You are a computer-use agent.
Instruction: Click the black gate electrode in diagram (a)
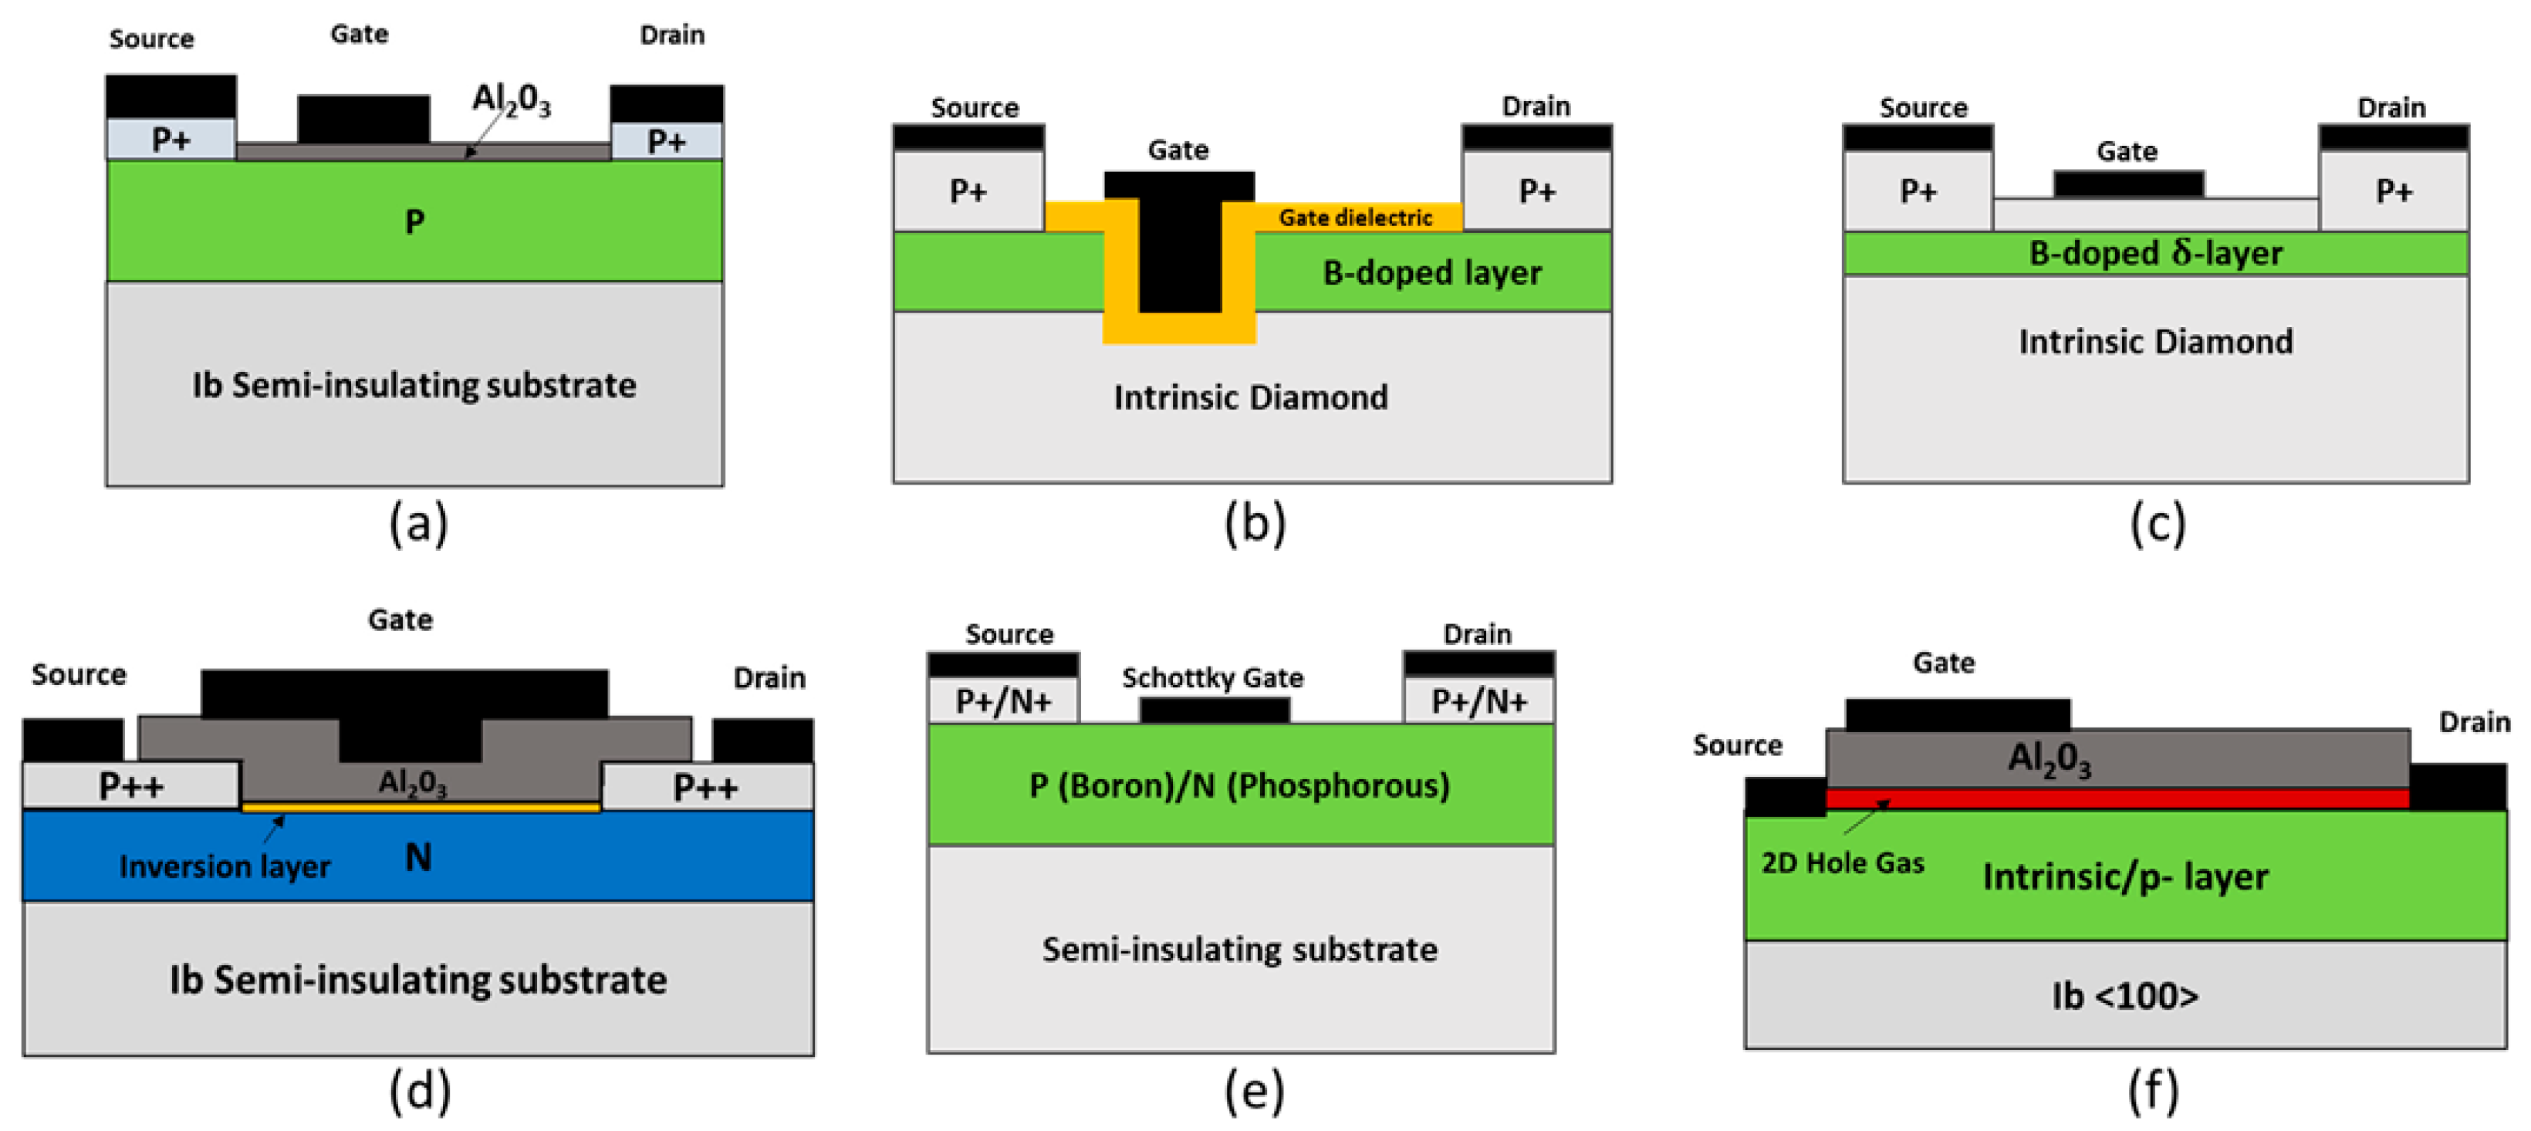(363, 119)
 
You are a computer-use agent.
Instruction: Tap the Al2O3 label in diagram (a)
(511, 100)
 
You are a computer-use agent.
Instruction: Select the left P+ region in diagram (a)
(171, 140)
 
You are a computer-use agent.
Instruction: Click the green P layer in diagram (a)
(414, 221)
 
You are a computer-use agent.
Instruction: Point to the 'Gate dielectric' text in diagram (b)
(1355, 217)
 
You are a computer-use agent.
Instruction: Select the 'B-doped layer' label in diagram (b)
(1431, 272)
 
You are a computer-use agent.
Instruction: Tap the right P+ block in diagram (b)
(1536, 191)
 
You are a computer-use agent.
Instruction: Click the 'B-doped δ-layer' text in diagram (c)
(2156, 254)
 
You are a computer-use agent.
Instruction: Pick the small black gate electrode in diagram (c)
(2128, 184)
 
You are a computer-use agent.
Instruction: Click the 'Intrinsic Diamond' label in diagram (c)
(2156, 342)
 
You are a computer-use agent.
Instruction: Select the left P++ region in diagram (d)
(130, 786)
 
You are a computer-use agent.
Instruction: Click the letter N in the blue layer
(418, 858)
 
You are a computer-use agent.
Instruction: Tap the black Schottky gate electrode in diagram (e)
(1215, 710)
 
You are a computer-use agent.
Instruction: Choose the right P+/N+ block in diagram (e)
(1478, 701)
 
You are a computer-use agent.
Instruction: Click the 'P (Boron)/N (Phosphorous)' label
(1239, 785)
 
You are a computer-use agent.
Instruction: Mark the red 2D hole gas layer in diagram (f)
(2117, 798)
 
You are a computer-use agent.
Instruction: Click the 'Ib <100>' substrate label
(2124, 995)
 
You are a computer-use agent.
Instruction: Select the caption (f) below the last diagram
(2154, 1091)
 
